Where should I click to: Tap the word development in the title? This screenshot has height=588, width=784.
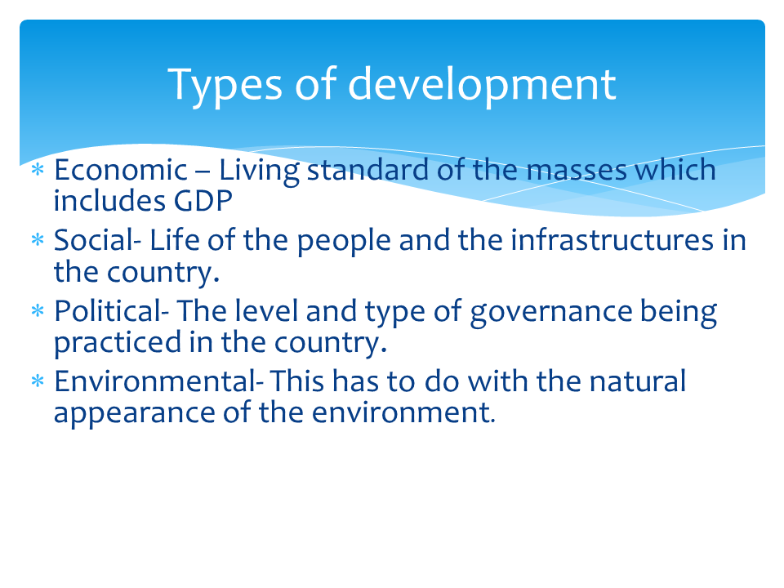(x=482, y=85)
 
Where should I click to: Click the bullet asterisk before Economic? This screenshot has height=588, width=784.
(x=37, y=171)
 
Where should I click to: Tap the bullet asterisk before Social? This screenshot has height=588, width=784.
(x=37, y=242)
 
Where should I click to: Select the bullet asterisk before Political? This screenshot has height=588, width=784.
(x=37, y=313)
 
